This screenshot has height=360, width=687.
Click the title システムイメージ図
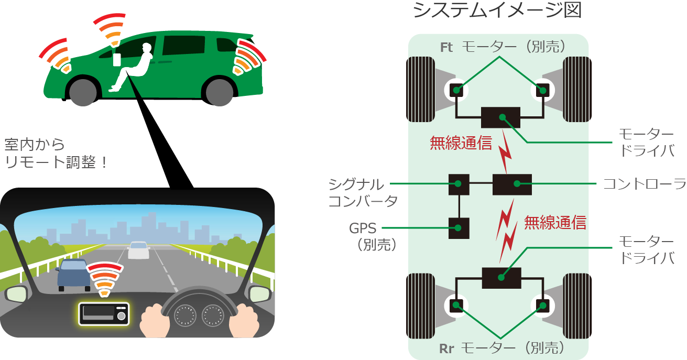click(x=497, y=10)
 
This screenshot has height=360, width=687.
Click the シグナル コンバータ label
click(x=356, y=192)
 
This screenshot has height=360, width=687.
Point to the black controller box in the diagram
click(x=512, y=184)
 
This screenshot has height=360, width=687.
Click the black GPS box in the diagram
click(x=459, y=228)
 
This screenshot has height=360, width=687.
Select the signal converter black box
click(x=459, y=184)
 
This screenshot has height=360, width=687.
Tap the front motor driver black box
click(x=500, y=117)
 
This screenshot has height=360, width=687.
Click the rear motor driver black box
click(x=501, y=277)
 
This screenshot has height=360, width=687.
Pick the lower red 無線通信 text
click(x=555, y=223)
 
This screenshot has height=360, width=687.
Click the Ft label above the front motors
click(x=446, y=47)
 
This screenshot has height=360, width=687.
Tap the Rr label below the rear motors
click(x=446, y=348)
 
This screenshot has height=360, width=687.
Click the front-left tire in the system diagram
click(x=419, y=90)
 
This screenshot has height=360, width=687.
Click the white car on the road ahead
click(x=139, y=250)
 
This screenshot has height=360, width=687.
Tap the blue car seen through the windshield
click(x=73, y=274)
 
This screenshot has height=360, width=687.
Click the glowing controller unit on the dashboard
click(x=103, y=314)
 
